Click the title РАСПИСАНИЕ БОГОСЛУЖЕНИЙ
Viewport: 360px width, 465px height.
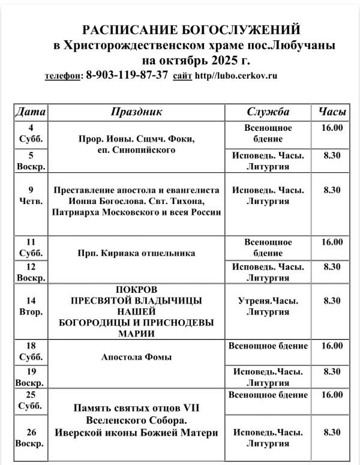[x=191, y=30]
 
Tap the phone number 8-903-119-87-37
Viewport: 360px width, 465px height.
[x=127, y=76]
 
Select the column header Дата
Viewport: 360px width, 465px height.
[x=30, y=112]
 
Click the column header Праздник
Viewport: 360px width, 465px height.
[x=137, y=112]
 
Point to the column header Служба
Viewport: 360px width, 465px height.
[x=268, y=112]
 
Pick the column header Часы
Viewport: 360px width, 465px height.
[x=332, y=112]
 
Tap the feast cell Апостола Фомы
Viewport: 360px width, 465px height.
[x=137, y=357]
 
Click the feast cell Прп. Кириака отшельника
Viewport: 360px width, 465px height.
[x=137, y=253]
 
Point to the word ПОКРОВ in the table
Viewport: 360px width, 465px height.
[x=137, y=289]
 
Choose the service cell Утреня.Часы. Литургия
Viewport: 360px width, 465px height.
[x=268, y=306]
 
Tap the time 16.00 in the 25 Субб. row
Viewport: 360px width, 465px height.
[x=332, y=395]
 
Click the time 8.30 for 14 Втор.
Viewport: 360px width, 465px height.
[x=332, y=301]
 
